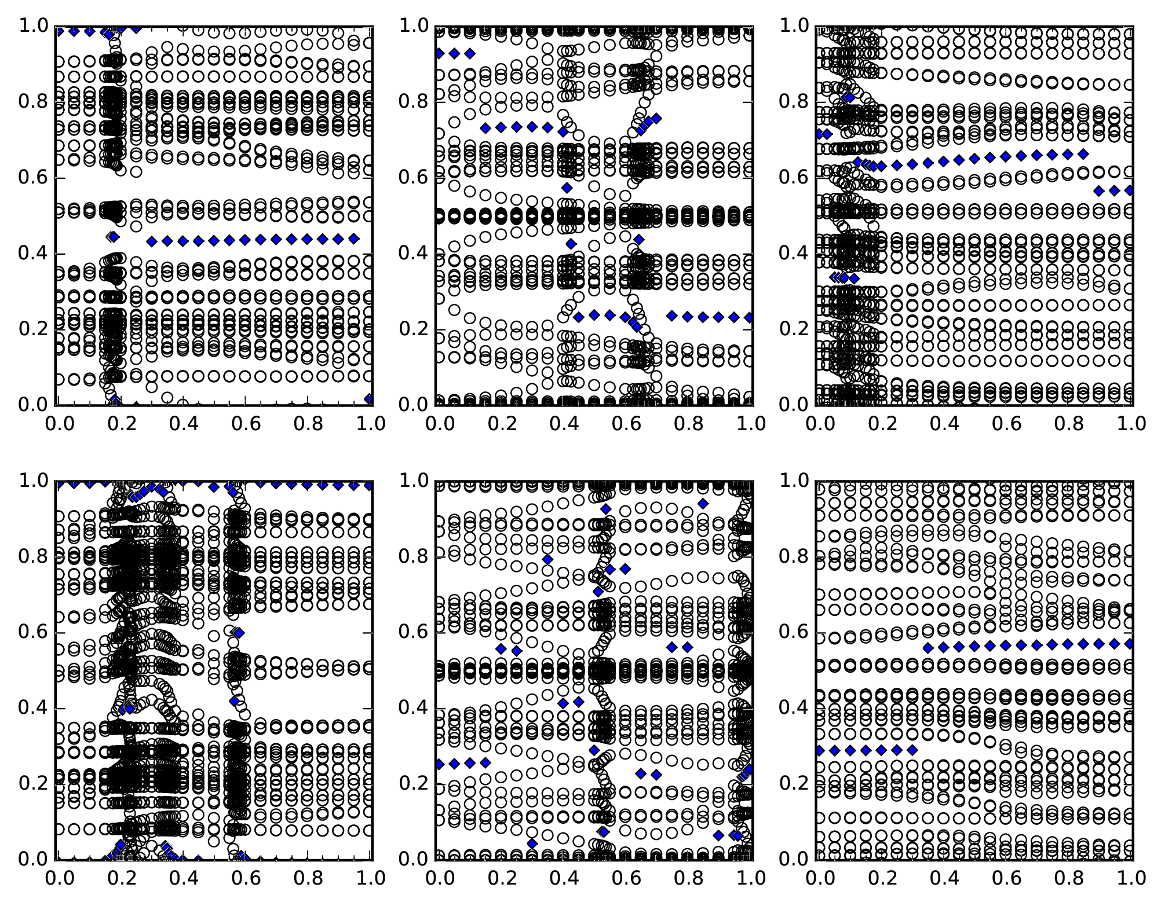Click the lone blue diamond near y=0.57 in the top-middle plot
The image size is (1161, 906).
(x=567, y=188)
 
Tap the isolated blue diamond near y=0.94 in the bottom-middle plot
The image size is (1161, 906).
(x=703, y=504)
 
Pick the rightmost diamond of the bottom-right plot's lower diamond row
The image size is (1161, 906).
(x=912, y=750)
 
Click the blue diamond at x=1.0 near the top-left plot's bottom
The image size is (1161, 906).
(x=369, y=398)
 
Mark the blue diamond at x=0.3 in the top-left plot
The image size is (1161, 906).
(x=152, y=241)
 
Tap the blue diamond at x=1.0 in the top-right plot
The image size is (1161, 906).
(x=1130, y=190)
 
